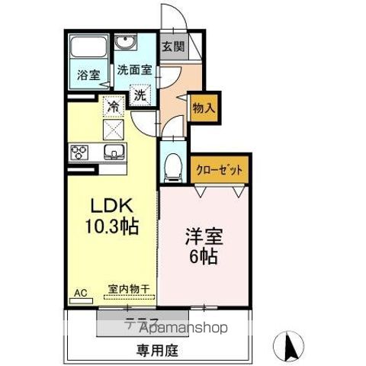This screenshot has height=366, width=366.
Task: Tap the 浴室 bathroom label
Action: [88, 75]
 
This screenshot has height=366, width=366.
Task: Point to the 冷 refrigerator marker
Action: [113, 109]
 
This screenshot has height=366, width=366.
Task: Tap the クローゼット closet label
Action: [220, 170]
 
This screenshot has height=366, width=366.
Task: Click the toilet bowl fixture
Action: [172, 165]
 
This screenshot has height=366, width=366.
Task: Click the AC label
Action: [81, 291]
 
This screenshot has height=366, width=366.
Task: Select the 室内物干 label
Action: [128, 288]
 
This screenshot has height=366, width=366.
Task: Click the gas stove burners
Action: [79, 151]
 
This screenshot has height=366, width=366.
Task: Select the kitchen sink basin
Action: [114, 151]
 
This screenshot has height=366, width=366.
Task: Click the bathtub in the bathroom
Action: [88, 53]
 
